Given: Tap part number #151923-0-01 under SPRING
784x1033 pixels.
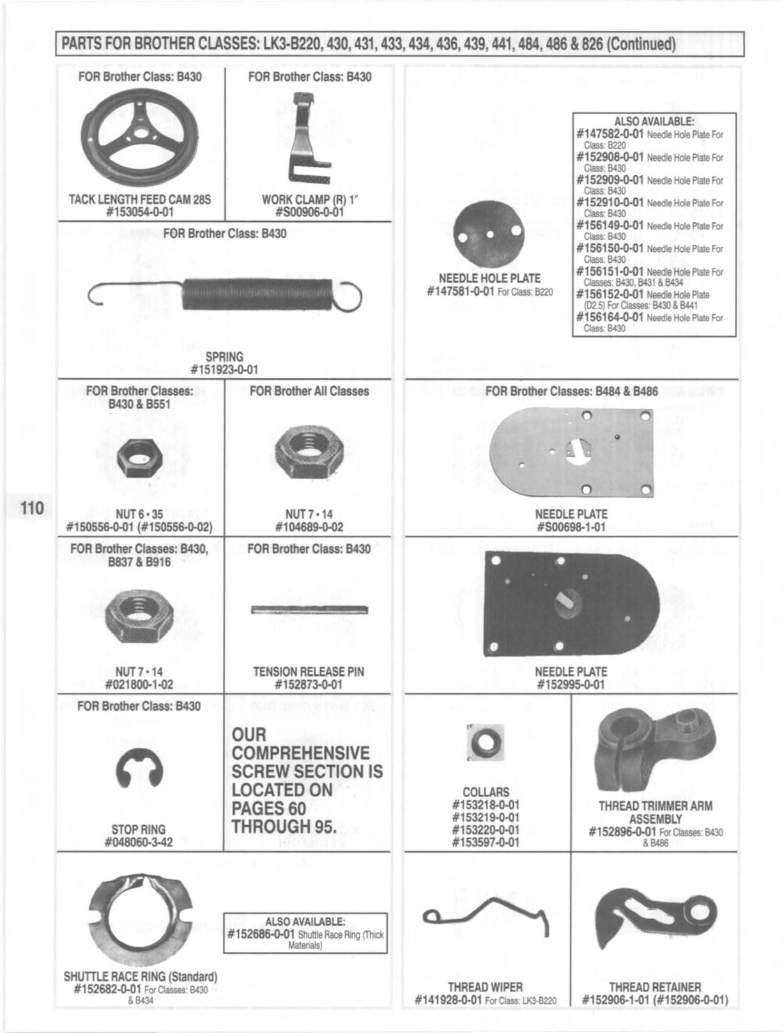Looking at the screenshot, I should [x=224, y=369].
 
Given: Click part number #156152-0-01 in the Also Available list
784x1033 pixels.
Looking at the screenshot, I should [x=610, y=294].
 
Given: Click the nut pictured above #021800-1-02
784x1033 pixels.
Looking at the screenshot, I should [x=141, y=617].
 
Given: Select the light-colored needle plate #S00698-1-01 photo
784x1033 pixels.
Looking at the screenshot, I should [x=571, y=453].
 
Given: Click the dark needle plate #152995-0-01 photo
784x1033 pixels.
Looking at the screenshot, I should [x=571, y=604].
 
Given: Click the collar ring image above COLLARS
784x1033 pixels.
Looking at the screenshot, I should [x=485, y=742].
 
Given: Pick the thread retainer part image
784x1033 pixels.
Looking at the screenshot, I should [x=654, y=914].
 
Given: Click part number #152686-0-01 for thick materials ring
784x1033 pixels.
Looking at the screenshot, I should [x=261, y=935].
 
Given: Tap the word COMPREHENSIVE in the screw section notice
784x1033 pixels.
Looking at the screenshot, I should [x=300, y=753].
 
